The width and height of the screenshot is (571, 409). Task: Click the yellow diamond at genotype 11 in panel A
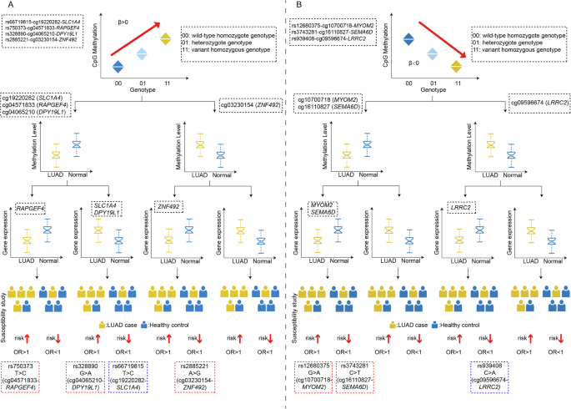(x=166, y=38)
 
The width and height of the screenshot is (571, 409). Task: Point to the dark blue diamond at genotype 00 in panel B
(x=408, y=38)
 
